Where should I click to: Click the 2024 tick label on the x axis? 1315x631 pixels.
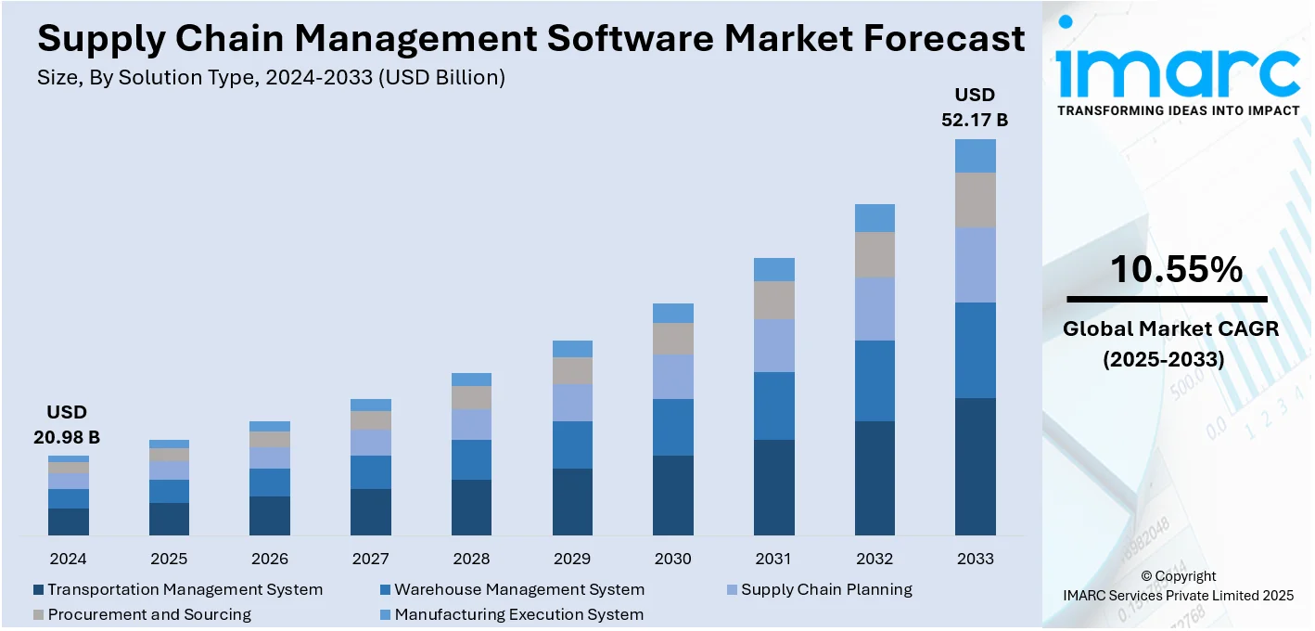pyautogui.click(x=68, y=559)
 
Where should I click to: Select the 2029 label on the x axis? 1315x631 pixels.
pyautogui.click(x=572, y=559)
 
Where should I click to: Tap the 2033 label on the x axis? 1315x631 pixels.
pyautogui.click(x=975, y=559)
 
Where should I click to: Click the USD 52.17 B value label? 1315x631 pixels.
pyautogui.click(x=975, y=107)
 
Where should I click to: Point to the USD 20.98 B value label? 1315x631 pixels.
pyautogui.click(x=68, y=425)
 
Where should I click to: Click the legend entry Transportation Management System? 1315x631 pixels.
pyautogui.click(x=185, y=590)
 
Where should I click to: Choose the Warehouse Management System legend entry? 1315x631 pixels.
pyautogui.click(x=518, y=590)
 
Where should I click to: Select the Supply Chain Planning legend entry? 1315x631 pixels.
pyautogui.click(x=826, y=590)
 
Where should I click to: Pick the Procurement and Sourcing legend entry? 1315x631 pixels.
pyautogui.click(x=148, y=614)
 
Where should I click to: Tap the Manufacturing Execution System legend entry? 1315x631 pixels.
pyautogui.click(x=518, y=614)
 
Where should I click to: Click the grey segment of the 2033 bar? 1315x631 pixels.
pyautogui.click(x=976, y=200)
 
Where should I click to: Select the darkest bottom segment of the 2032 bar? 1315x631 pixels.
pyautogui.click(x=875, y=478)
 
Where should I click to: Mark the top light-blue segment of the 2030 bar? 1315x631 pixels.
pyautogui.click(x=673, y=313)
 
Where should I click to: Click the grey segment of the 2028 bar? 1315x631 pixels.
pyautogui.click(x=472, y=397)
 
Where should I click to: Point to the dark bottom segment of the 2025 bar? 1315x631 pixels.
pyautogui.click(x=169, y=519)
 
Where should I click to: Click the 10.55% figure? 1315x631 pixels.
pyautogui.click(x=1176, y=269)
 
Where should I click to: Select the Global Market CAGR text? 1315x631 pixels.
pyautogui.click(x=1170, y=328)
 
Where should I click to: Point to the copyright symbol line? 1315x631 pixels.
pyautogui.click(x=1178, y=576)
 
